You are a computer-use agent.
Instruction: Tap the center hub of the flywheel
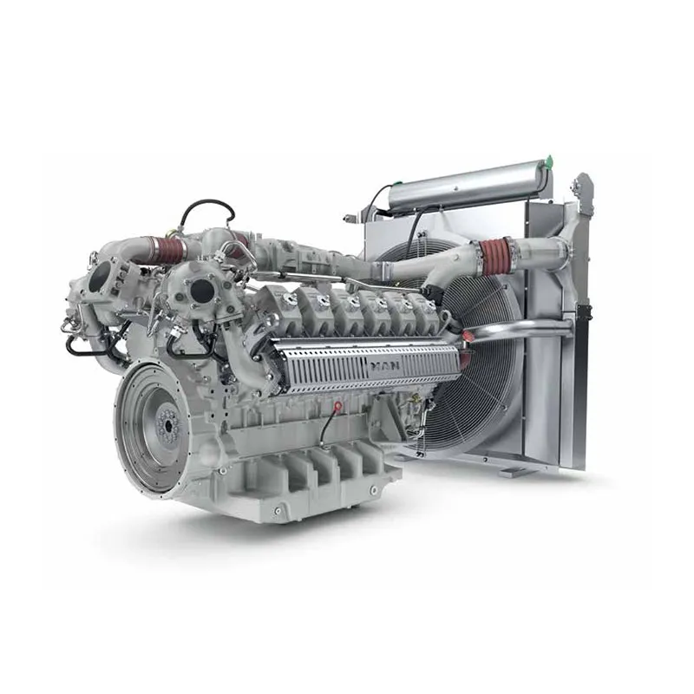click(162, 424)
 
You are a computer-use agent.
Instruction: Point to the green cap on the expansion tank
click(547, 160)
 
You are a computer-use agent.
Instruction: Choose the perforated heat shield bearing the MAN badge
click(364, 369)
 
